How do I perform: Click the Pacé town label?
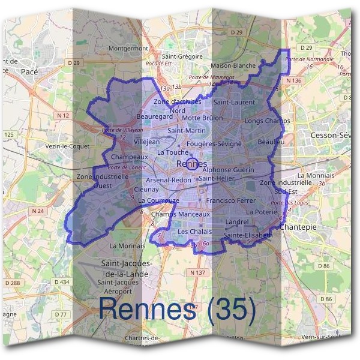point(29,71)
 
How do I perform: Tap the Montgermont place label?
point(128,48)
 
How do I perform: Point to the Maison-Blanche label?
point(233,65)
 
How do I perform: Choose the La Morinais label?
point(127,245)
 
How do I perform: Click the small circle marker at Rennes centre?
point(191,164)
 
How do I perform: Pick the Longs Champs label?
point(267,121)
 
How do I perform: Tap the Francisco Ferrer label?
point(230,200)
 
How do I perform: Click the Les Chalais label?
point(195,232)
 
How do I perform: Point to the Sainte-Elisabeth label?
point(248,236)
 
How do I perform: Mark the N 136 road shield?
point(294,80)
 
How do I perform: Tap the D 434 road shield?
point(62,282)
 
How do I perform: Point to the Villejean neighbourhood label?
point(147,142)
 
